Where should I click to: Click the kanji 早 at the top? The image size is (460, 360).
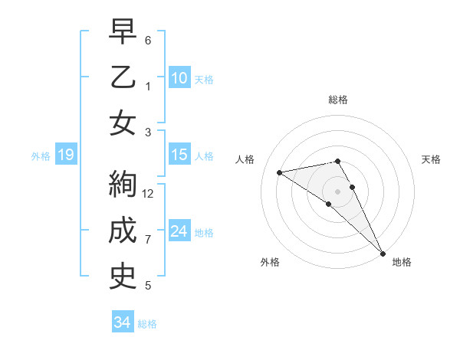(x=123, y=33)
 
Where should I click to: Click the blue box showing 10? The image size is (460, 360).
(x=179, y=77)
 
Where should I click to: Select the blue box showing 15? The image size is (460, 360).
(x=179, y=155)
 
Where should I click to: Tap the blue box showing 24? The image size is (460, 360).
(x=179, y=231)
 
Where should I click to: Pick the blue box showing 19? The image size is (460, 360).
(x=65, y=155)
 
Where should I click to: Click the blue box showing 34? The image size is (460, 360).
(x=122, y=322)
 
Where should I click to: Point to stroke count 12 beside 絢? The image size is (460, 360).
(x=148, y=194)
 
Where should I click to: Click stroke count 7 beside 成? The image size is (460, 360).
(x=148, y=240)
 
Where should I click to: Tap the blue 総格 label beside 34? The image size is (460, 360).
(x=147, y=323)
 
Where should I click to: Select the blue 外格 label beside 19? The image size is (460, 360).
(x=41, y=156)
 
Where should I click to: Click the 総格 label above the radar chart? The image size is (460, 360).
(x=338, y=100)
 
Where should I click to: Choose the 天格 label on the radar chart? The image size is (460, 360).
(x=431, y=159)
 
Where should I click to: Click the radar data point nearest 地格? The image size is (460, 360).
(x=382, y=253)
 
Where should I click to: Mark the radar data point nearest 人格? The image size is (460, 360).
(x=280, y=172)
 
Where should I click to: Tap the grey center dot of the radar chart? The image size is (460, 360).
(x=338, y=191)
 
